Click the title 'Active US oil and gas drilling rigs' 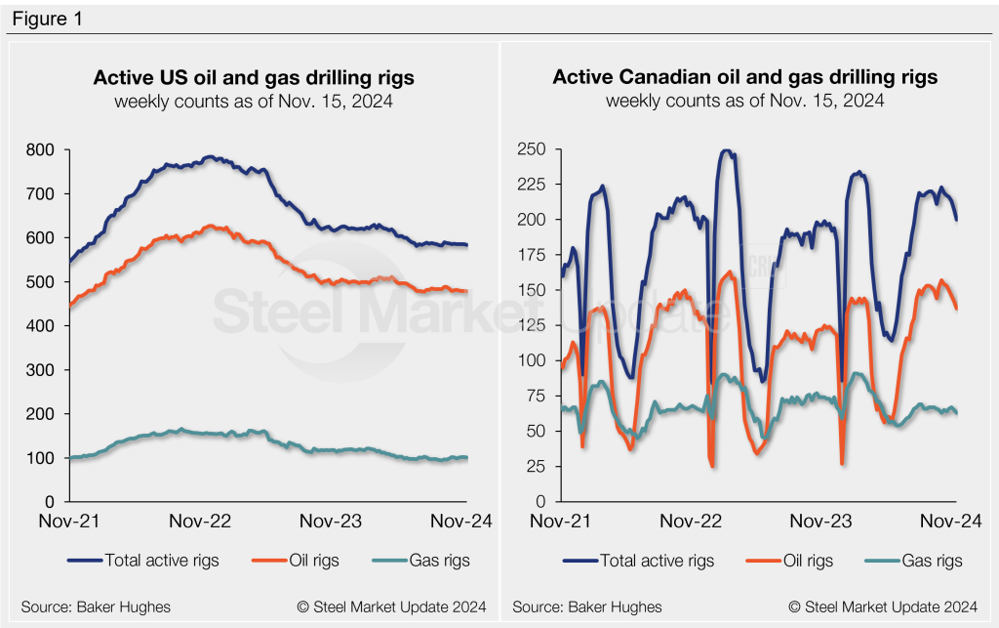[253, 77]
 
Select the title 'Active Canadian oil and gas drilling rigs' [745, 77]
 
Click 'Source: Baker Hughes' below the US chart [85, 607]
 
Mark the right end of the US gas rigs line [466, 457]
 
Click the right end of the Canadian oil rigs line [956, 309]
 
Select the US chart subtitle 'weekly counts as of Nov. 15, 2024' [253, 101]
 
